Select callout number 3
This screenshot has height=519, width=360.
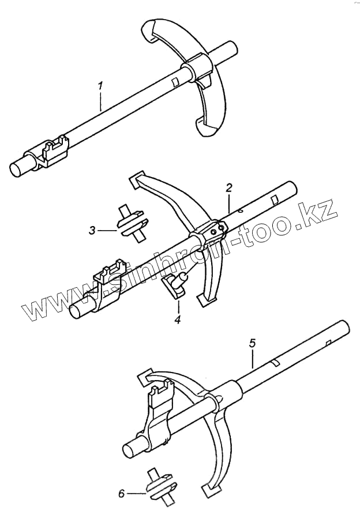click(92, 231)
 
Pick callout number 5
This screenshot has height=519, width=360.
click(252, 344)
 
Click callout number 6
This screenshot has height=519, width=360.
click(121, 493)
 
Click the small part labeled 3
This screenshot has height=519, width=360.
click(132, 224)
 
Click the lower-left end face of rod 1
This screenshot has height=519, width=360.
click(17, 169)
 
